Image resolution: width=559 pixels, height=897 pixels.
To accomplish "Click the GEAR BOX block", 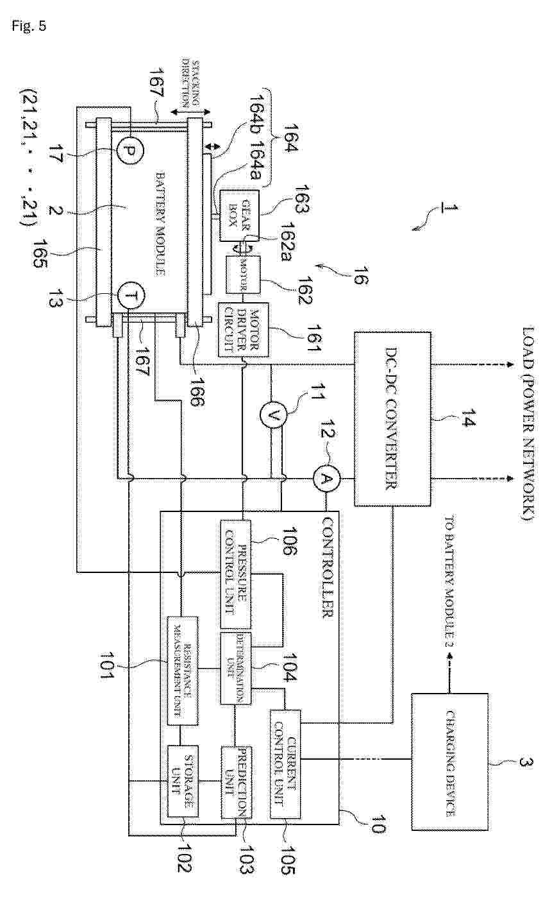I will click(239, 215).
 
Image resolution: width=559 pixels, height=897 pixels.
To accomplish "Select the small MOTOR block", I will click(243, 275).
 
